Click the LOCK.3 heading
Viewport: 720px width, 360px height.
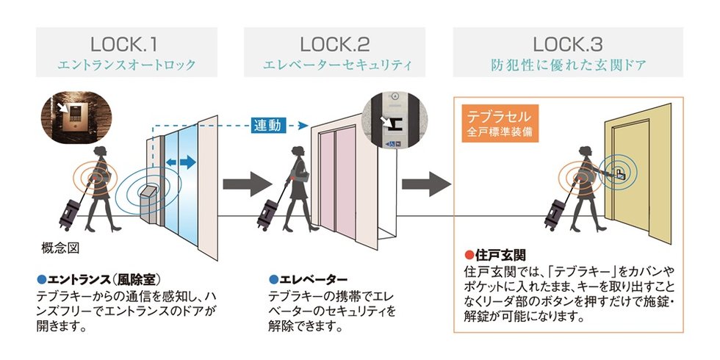pos(568,43)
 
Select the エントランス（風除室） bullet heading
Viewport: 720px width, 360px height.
pos(98,279)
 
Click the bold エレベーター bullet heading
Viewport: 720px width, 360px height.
pos(308,279)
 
